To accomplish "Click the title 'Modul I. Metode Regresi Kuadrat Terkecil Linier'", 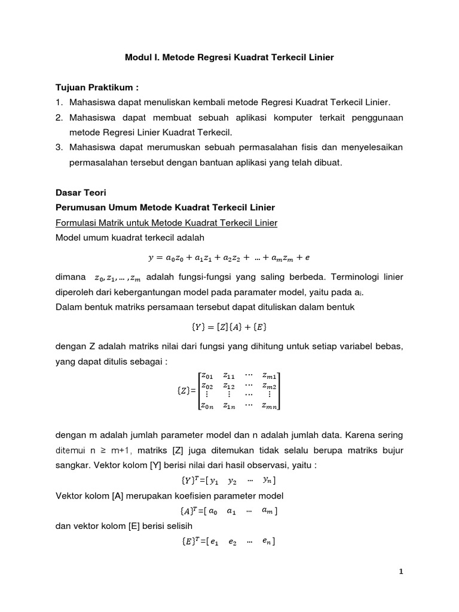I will (x=229, y=57).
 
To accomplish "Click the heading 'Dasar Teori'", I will (x=79, y=193).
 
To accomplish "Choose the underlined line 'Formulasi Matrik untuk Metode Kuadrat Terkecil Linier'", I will (x=166, y=223).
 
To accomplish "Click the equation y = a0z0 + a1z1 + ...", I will (x=229, y=258).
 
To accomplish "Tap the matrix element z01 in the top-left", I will (x=206, y=376).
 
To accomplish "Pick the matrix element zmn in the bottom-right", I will (x=270, y=406).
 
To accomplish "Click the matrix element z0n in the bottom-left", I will (x=206, y=406).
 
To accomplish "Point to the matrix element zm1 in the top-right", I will (x=270, y=376).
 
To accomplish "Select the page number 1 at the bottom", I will (x=401, y=571).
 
